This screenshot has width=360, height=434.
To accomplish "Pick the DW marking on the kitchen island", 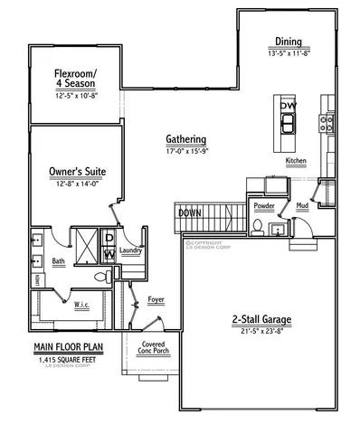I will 288,106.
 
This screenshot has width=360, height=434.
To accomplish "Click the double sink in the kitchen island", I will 288,123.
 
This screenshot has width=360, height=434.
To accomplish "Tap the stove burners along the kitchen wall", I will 327,122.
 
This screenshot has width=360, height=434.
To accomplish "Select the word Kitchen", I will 297,161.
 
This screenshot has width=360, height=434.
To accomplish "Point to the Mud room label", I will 302,206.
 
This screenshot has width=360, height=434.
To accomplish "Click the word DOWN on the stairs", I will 190,213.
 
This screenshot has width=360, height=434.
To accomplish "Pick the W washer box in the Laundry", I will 110,255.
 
